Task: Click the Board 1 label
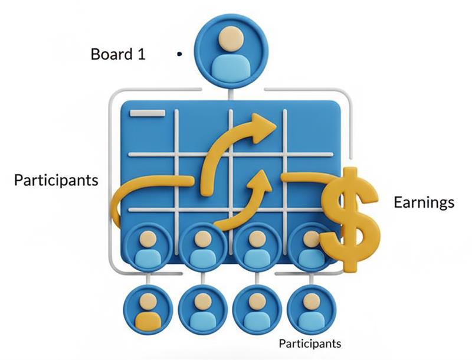pyautogui.click(x=118, y=54)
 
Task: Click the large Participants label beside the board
pyautogui.click(x=56, y=180)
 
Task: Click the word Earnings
pyautogui.click(x=424, y=202)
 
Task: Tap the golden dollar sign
pyautogui.click(x=350, y=218)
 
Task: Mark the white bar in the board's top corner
pyautogui.click(x=147, y=113)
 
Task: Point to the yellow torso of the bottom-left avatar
pyautogui.click(x=148, y=322)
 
